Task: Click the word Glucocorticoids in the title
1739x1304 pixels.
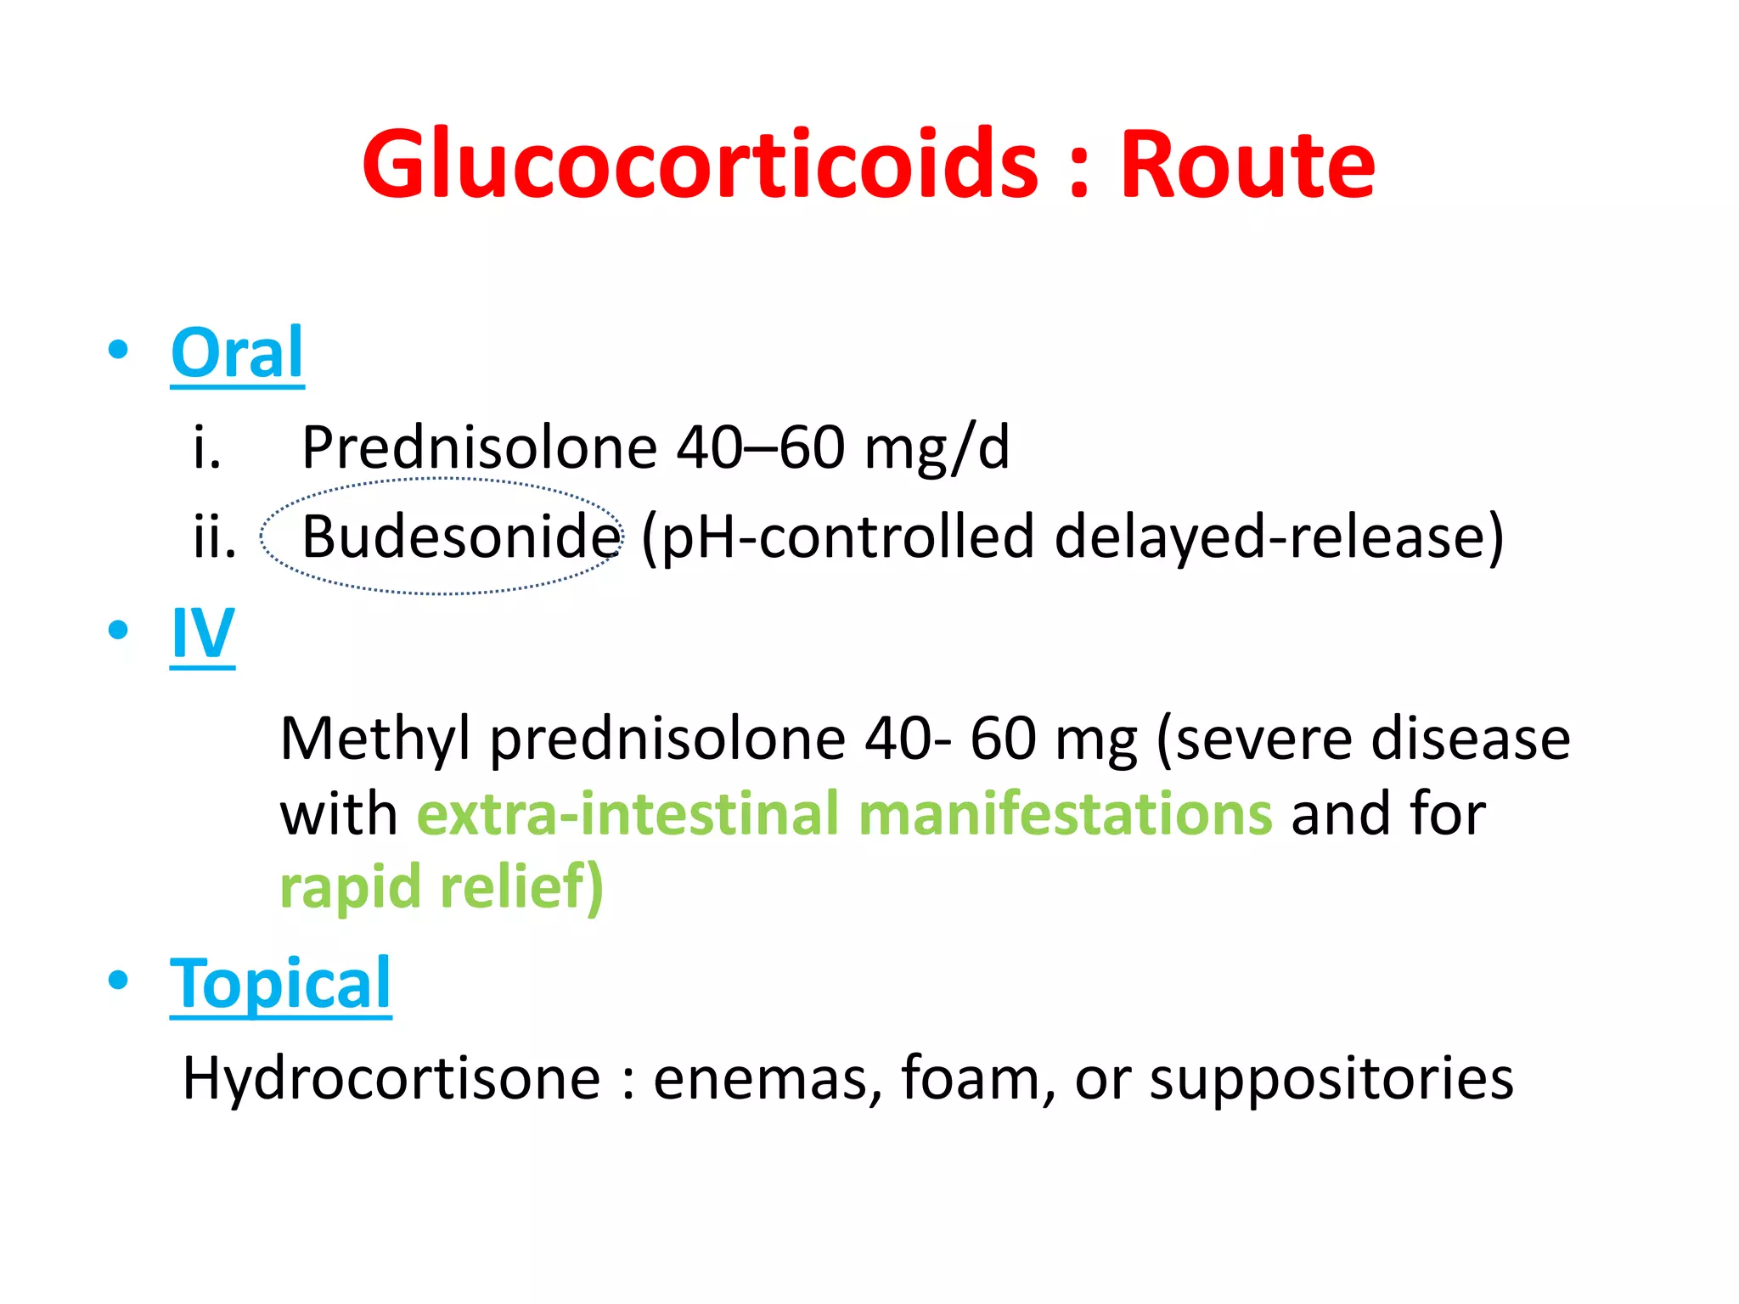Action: [x=700, y=165]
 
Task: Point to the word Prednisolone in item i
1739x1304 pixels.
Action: [x=479, y=447]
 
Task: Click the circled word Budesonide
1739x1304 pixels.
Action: [x=461, y=537]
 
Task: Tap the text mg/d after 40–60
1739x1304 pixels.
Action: [x=937, y=447]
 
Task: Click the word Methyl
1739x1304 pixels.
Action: [x=374, y=739]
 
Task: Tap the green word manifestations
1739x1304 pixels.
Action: [x=1065, y=813]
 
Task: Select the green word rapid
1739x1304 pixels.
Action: [x=350, y=887]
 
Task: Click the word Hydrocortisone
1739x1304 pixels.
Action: [x=391, y=1078]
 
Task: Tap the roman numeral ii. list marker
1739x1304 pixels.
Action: [x=214, y=537]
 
